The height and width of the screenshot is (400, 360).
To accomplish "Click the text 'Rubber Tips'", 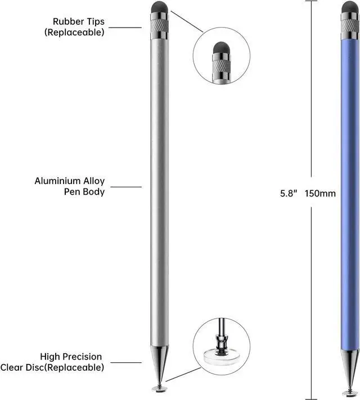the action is pyautogui.click(x=79, y=22).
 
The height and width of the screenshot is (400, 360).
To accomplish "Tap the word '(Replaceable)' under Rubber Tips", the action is pyautogui.click(x=74, y=32).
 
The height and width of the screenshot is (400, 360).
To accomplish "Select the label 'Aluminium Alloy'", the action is pyautogui.click(x=70, y=181).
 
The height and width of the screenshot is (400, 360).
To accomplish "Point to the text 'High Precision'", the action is pyautogui.click(x=71, y=357).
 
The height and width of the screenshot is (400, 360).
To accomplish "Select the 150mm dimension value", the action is pyautogui.click(x=320, y=194).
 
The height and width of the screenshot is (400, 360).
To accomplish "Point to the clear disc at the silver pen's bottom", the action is pyautogui.click(x=160, y=388).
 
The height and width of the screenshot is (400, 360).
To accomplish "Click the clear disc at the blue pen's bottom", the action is pyautogui.click(x=349, y=388).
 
